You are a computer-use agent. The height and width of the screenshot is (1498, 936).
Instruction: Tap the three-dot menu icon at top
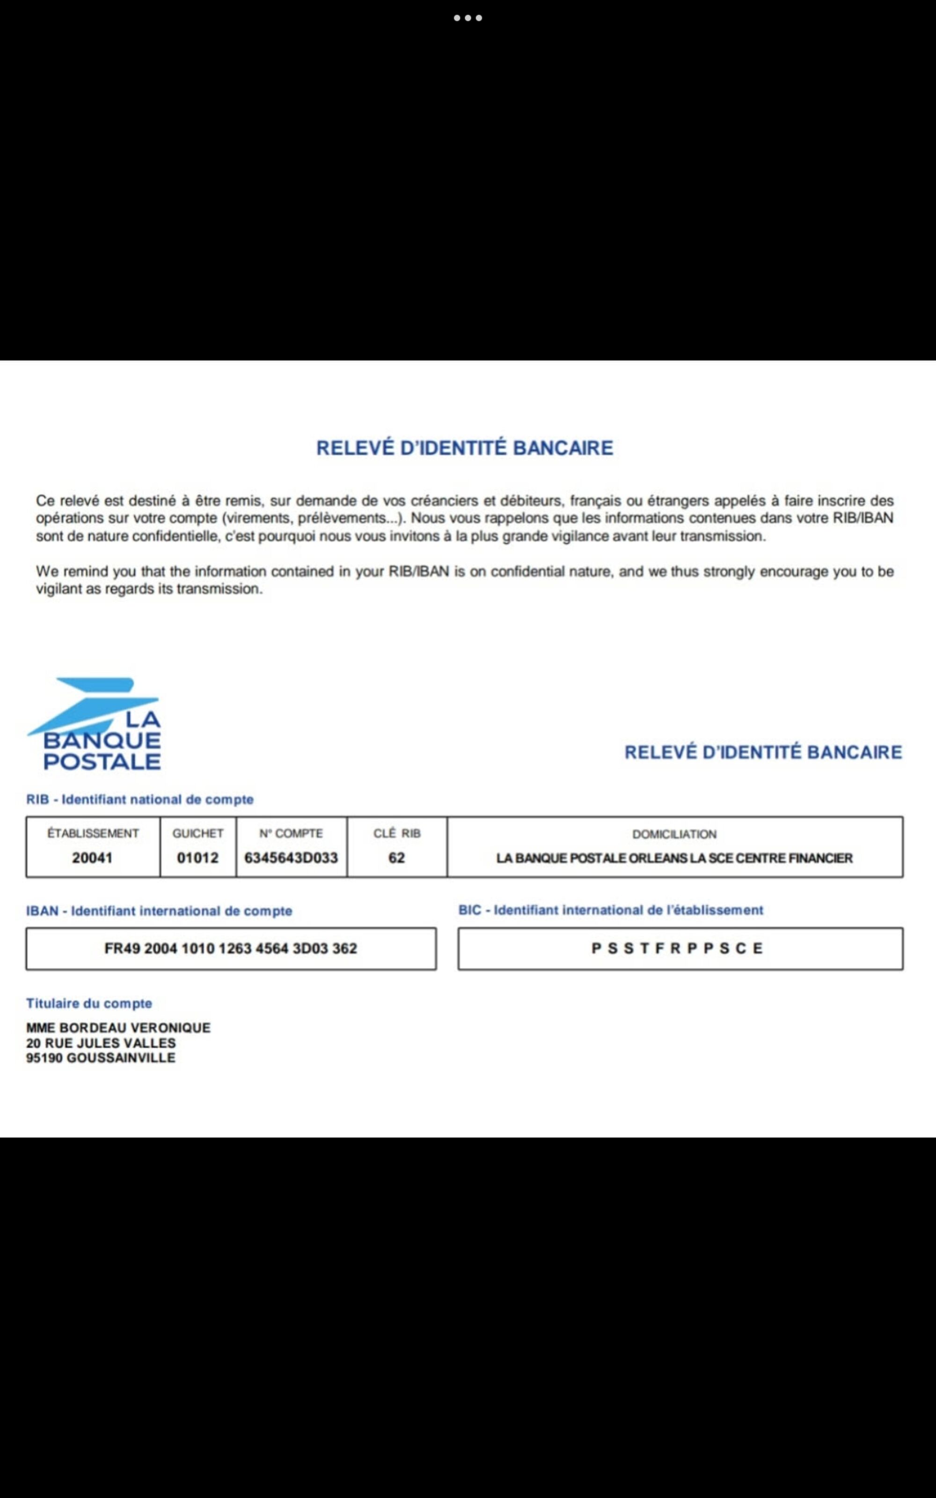pyautogui.click(x=468, y=18)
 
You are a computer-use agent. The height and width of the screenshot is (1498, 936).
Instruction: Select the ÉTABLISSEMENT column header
pyautogui.click(x=93, y=833)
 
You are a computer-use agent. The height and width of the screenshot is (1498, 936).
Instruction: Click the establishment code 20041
pyautogui.click(x=92, y=858)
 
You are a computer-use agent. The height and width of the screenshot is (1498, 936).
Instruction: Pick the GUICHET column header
pyautogui.click(x=198, y=833)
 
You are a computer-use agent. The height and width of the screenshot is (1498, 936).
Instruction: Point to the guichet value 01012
pyautogui.click(x=198, y=858)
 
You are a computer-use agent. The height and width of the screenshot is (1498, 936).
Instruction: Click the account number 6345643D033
pyautogui.click(x=291, y=858)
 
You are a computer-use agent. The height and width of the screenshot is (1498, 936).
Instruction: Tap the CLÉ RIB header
pyautogui.click(x=397, y=833)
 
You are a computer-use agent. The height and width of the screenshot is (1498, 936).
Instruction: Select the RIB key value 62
pyautogui.click(x=397, y=858)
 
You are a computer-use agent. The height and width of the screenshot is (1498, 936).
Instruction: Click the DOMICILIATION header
pyautogui.click(x=674, y=834)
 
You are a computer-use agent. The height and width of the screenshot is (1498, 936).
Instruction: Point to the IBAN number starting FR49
pyautogui.click(x=231, y=948)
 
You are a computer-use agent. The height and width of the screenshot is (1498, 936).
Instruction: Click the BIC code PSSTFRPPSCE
pyautogui.click(x=677, y=948)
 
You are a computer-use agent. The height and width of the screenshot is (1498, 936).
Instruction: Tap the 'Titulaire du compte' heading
pyautogui.click(x=89, y=1003)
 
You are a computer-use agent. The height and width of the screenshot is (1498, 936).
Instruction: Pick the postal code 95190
pyautogui.click(x=44, y=1058)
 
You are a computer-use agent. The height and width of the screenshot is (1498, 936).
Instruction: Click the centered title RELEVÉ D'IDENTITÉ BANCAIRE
pyautogui.click(x=465, y=448)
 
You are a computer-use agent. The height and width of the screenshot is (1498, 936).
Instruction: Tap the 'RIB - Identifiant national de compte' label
pyautogui.click(x=140, y=799)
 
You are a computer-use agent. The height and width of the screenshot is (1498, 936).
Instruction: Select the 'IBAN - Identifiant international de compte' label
pyautogui.click(x=159, y=911)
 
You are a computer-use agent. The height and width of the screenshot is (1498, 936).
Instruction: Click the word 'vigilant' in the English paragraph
pyautogui.click(x=59, y=589)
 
